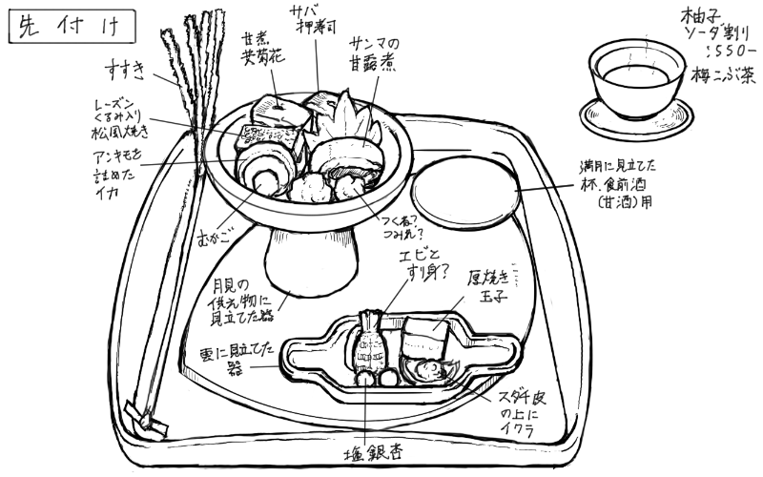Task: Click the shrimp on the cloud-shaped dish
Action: tap(368, 343)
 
